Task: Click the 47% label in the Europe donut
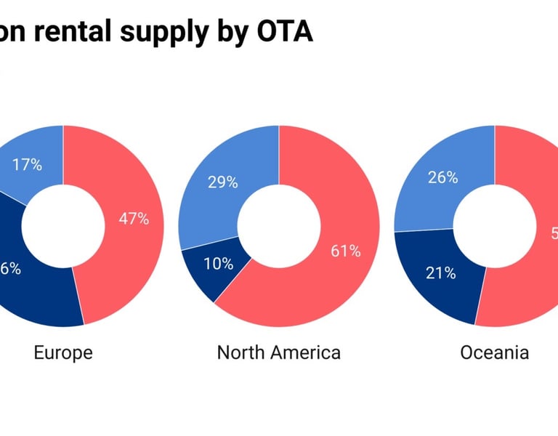tap(134, 219)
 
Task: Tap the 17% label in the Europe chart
tap(27, 164)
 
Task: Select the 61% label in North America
tap(346, 251)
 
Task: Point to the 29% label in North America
tap(223, 182)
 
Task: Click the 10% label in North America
tap(218, 264)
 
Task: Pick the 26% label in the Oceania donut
tap(442, 177)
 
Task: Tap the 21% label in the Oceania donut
tap(441, 273)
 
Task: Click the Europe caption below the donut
tap(63, 353)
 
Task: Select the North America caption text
tap(278, 353)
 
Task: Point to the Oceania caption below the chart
tap(494, 353)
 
